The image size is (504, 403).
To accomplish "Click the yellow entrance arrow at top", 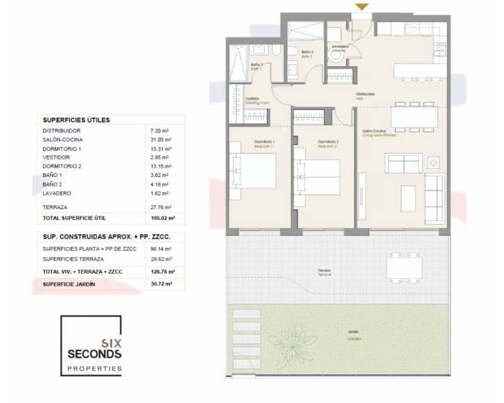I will [362, 6].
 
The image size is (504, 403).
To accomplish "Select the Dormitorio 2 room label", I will [328, 142].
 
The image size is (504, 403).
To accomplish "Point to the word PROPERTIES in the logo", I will [94, 368].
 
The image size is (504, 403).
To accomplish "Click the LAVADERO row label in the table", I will [57, 193].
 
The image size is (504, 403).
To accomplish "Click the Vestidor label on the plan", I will [252, 98].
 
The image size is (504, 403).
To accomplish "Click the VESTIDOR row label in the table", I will [57, 157].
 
